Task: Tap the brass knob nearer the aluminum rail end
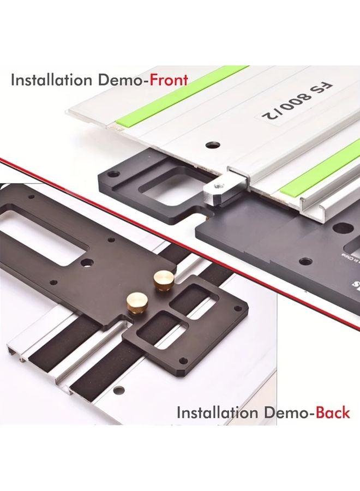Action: [134, 301]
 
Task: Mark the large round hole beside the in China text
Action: [307, 261]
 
